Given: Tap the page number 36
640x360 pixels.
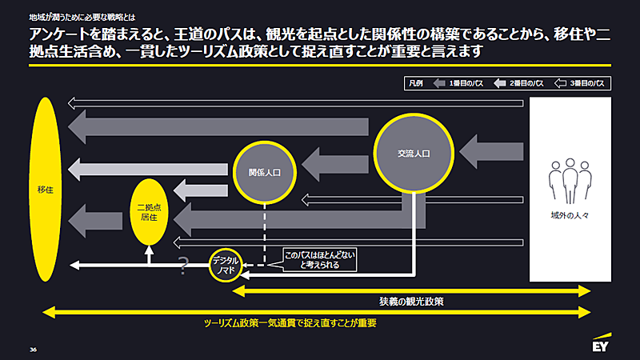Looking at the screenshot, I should click(x=34, y=349).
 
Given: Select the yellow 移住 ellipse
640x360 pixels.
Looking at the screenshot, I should click(x=45, y=190).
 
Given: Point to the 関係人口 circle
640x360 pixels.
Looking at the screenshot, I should click(x=264, y=171).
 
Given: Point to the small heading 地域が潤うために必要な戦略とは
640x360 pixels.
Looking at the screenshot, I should click(x=70, y=14).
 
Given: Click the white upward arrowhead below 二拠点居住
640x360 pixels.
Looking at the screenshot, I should click(x=149, y=251).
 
